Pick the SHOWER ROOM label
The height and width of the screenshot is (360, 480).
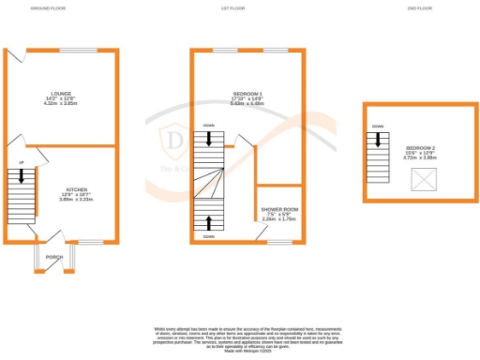pos(279,208)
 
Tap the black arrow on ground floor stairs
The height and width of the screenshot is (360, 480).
pos(21,175)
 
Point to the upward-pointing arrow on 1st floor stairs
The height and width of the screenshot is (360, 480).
pos(207,223)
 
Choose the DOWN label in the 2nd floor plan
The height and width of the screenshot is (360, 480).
pos(377,126)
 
